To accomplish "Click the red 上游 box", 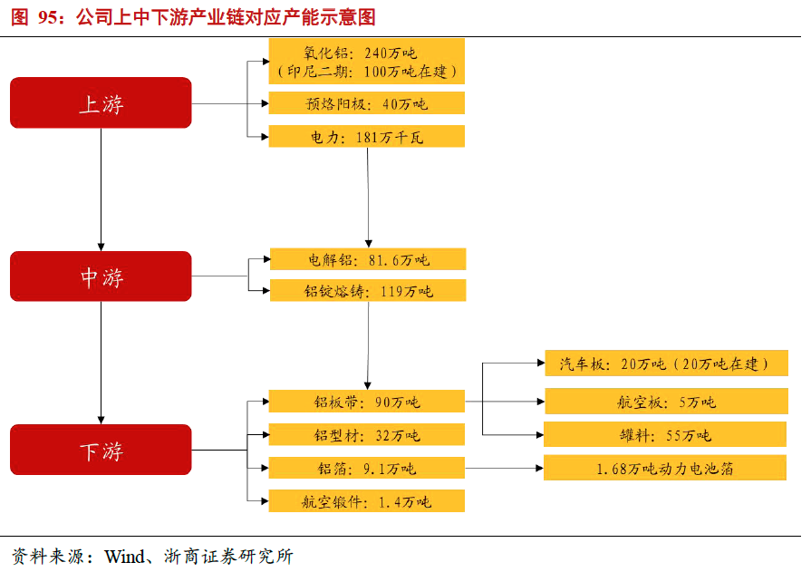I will click(101, 102).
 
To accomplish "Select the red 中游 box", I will click(101, 276).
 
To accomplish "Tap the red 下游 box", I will click(101, 450).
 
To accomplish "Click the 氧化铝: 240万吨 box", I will click(367, 61).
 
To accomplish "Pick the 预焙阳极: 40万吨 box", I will click(367, 103).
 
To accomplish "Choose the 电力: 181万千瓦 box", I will click(367, 137).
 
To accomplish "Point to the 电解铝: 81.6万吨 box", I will click(367, 260).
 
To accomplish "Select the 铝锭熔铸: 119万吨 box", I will click(367, 291).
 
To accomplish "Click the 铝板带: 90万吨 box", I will click(367, 401).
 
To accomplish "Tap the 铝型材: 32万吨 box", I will click(367, 434).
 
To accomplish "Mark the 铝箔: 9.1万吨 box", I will click(367, 468).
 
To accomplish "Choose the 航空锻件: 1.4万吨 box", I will click(367, 501).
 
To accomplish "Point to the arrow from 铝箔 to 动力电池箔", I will click(504, 468).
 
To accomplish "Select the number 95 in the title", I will click(48, 17).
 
